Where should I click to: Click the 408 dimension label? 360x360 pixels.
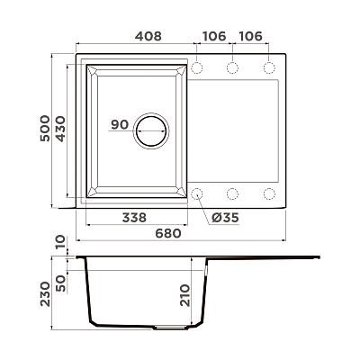pos(148,36)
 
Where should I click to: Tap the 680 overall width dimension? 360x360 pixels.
pos(168,233)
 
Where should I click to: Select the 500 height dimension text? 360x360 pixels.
pos(45,128)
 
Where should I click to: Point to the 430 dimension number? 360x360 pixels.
pos(60,129)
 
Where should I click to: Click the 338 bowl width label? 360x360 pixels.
pos(134,218)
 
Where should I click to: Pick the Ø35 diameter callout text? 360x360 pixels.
pos(225,218)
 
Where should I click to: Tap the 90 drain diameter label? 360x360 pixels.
pos(120,124)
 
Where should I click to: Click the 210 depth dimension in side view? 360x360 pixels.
pos(185,295)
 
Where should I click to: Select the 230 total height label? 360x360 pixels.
pos(45,293)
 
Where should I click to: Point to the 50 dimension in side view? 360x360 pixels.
pos(60,283)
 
